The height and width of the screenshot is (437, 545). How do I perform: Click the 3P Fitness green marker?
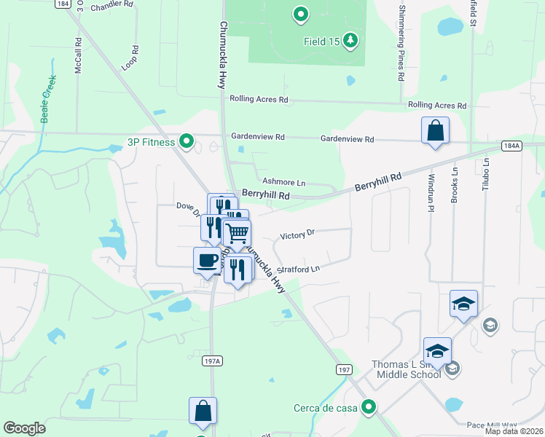click(187, 141)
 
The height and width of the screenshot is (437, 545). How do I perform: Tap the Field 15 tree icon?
click(351, 41)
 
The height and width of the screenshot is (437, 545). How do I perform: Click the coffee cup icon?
click(207, 260)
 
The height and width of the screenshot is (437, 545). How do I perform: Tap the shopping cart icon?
click(237, 233)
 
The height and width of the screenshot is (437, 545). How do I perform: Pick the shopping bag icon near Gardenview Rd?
click(435, 131)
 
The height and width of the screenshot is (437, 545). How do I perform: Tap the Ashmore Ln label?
click(283, 182)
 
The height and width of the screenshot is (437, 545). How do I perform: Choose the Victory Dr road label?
click(297, 234)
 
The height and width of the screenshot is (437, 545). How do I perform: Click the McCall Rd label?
click(78, 55)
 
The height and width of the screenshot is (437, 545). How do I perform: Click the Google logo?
click(25, 428)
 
